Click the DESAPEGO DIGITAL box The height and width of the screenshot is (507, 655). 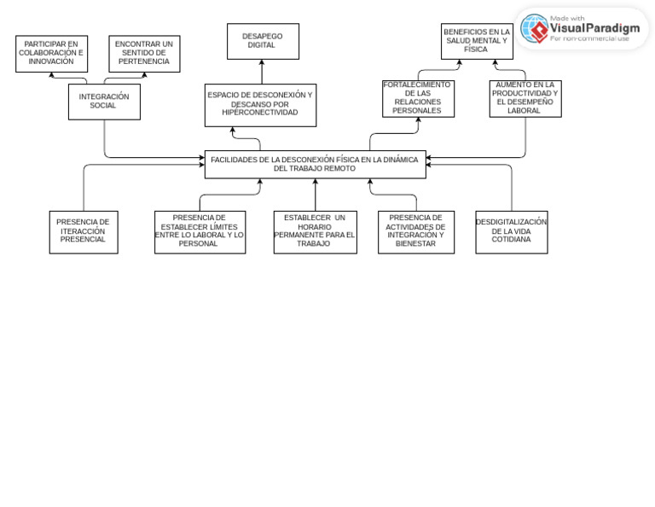tap(263, 41)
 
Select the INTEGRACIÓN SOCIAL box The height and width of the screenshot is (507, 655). tap(104, 102)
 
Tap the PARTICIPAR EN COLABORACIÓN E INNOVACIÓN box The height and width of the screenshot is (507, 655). tap(51, 54)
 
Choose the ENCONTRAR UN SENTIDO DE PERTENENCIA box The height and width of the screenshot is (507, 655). tap(144, 54)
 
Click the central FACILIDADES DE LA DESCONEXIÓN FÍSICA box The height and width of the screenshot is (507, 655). tap(315, 164)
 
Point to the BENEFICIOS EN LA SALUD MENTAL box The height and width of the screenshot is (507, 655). tap(477, 41)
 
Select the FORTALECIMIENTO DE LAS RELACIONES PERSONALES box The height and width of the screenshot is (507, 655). tap(418, 99)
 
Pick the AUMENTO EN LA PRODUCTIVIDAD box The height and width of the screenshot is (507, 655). tap(525, 99)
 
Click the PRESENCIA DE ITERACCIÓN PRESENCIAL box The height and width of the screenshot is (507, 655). tap(84, 232)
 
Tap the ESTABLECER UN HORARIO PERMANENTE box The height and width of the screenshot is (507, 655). tap(315, 232)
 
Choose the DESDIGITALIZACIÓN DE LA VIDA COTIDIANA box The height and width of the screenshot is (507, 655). tap(512, 232)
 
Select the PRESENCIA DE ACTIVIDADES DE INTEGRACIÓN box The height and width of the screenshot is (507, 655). tap(416, 232)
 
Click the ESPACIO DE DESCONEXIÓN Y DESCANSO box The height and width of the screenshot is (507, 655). tap(260, 105)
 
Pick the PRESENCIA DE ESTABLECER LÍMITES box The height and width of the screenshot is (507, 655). tap(200, 232)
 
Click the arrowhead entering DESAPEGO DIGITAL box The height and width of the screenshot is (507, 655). tap(262, 62)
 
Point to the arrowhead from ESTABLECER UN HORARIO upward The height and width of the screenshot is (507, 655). tap(315, 182)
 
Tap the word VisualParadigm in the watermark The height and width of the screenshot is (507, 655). tap(594, 28)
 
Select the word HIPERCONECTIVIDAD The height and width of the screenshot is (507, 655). tap(260, 113)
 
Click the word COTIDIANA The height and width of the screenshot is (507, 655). tap(511, 240)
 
